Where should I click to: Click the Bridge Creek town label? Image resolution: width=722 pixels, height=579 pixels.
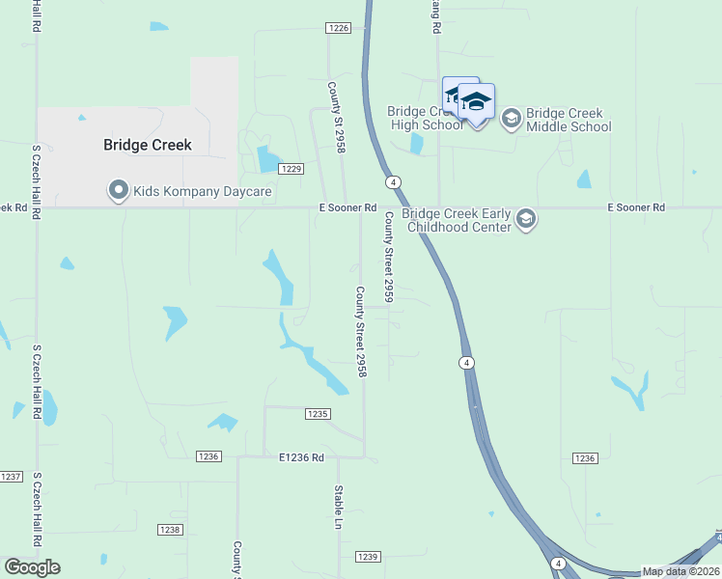pos(148,145)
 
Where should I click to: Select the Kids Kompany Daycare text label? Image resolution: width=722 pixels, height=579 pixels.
pos(204,192)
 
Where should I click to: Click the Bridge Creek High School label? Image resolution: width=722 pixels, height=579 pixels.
pos(427,118)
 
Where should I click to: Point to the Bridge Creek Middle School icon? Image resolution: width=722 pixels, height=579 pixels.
pos(511,119)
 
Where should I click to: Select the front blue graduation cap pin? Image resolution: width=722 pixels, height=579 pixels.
pos(476,102)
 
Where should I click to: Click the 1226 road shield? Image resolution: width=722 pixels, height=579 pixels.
pos(338,28)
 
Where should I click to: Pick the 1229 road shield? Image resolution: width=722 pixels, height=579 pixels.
pos(292,169)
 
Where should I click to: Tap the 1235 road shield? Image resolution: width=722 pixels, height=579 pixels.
pos(318,414)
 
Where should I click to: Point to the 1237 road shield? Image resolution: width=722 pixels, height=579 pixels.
pos(11,477)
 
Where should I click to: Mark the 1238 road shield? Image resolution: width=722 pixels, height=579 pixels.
pos(170,530)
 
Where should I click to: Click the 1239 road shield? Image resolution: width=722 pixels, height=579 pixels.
pos(368,557)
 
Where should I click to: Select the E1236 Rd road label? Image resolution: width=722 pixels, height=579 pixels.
pos(301,456)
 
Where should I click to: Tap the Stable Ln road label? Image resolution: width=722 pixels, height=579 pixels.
pos(339,508)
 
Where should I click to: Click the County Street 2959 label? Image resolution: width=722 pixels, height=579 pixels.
pos(389,258)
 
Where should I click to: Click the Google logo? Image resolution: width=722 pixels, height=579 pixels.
pos(32,567)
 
